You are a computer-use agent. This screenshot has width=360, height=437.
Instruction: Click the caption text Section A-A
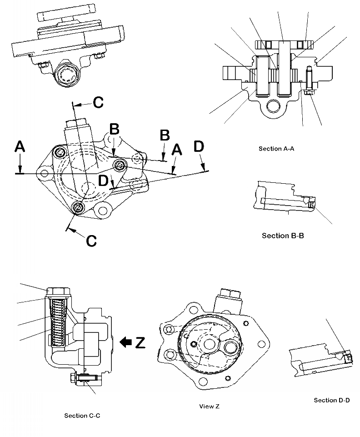(x=277, y=149)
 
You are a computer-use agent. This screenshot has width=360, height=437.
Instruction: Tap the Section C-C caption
(x=83, y=416)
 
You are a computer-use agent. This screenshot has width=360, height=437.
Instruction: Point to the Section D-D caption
(x=332, y=400)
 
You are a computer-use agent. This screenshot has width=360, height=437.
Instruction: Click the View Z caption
(x=209, y=407)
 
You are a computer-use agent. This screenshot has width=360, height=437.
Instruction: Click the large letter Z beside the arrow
(x=140, y=342)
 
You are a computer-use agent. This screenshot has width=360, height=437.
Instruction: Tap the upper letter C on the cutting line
(x=98, y=102)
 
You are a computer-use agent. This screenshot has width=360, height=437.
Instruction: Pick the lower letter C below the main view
(x=91, y=240)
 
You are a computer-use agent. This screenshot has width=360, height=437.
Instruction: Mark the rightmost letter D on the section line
(x=198, y=147)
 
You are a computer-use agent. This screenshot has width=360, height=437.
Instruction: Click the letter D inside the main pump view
(x=104, y=181)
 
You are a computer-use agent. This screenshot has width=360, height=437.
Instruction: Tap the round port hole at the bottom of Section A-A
(x=274, y=106)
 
